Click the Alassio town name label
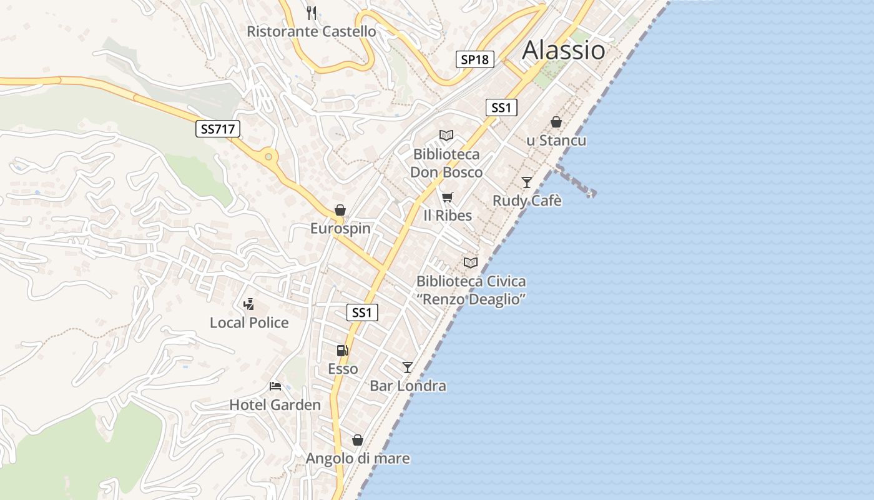tap(563, 50)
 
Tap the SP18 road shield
tap(474, 59)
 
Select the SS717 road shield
tap(217, 129)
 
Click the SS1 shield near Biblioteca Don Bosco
tap(501, 107)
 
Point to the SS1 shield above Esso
tap(362, 312)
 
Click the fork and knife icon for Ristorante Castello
tap(312, 12)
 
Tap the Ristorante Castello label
tap(312, 31)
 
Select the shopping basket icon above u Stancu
tap(556, 122)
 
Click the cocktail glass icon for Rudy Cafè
tap(527, 182)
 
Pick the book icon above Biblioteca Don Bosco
tap(446, 135)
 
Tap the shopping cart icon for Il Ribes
tap(447, 197)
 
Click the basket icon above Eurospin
tap(340, 210)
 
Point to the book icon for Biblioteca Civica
tap(471, 262)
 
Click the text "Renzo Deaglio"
tap(471, 299)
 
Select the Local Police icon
tap(248, 304)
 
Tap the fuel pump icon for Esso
tap(342, 351)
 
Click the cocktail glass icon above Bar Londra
tap(408, 367)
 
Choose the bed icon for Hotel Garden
tap(275, 386)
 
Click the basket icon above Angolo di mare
tap(358, 440)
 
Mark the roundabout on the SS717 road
tap(269, 157)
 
